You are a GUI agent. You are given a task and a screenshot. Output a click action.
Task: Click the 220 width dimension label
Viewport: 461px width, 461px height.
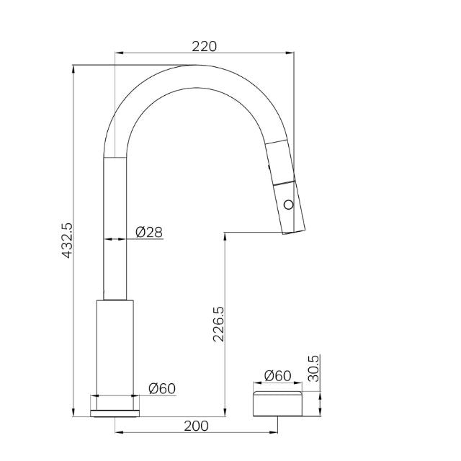(205, 46)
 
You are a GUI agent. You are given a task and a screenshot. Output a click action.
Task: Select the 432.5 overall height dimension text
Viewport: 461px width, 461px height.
(67, 241)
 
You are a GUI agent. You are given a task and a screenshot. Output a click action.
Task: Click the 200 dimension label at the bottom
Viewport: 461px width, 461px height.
(196, 426)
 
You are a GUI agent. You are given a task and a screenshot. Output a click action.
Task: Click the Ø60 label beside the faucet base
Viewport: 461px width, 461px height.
(161, 388)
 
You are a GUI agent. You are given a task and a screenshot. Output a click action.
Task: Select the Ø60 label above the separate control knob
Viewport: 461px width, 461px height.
(277, 375)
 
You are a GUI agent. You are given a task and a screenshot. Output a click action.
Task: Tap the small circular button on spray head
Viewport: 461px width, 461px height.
(289, 205)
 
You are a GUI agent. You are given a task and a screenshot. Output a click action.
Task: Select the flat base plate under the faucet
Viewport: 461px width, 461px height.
(115, 413)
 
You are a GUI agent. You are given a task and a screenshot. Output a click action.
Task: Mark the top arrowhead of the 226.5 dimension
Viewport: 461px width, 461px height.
(226, 236)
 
